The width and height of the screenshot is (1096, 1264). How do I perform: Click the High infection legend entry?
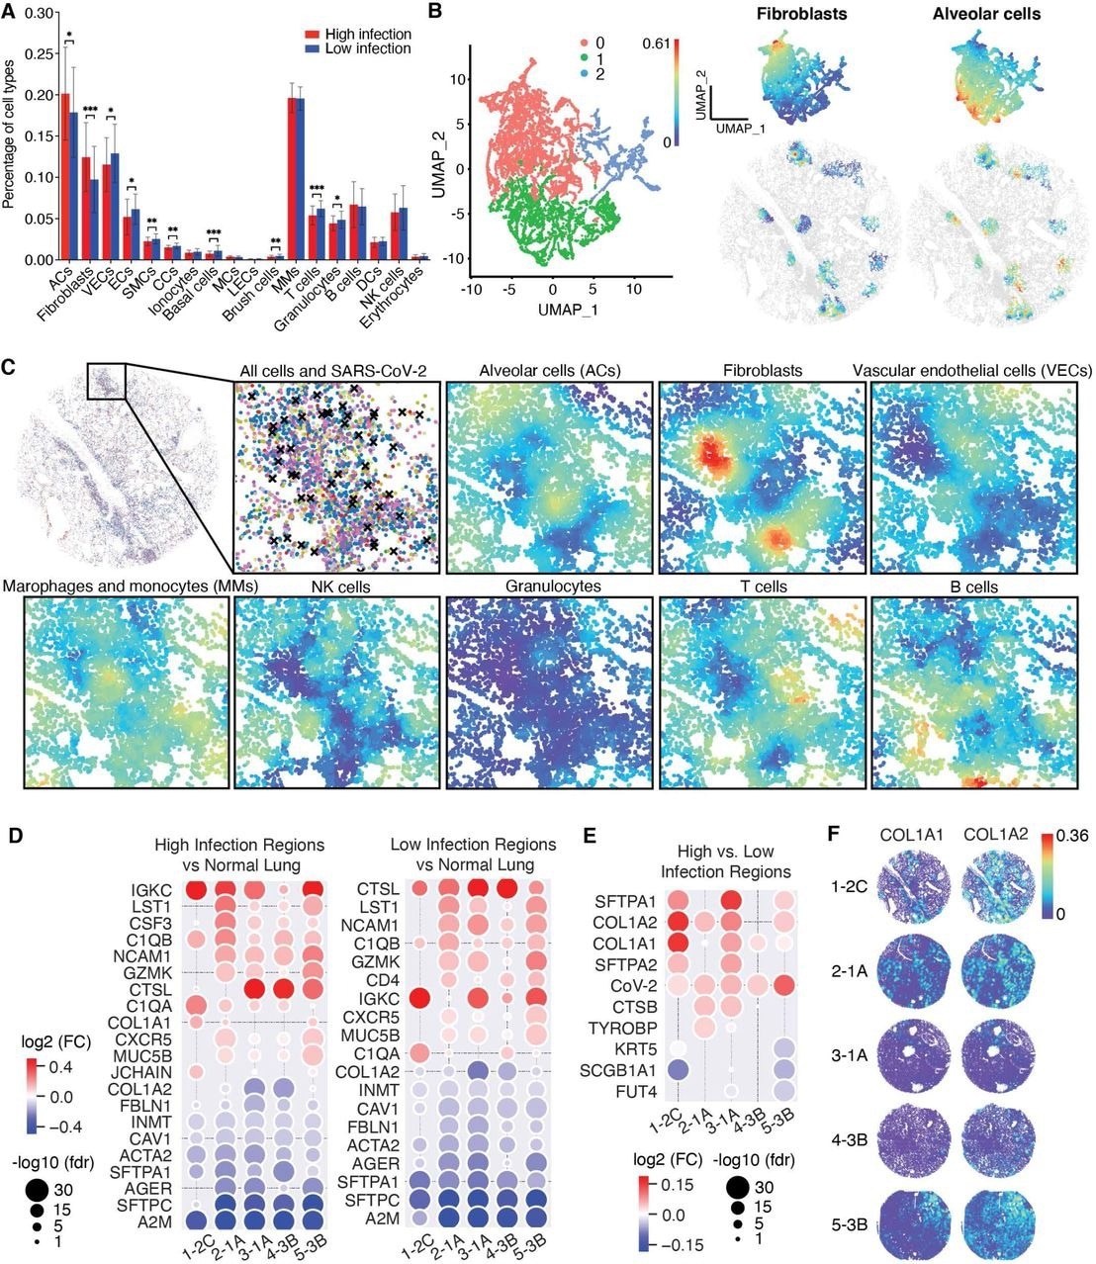361,35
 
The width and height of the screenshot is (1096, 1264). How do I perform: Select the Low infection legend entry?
359,48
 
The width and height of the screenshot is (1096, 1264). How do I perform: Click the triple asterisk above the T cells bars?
318,189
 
